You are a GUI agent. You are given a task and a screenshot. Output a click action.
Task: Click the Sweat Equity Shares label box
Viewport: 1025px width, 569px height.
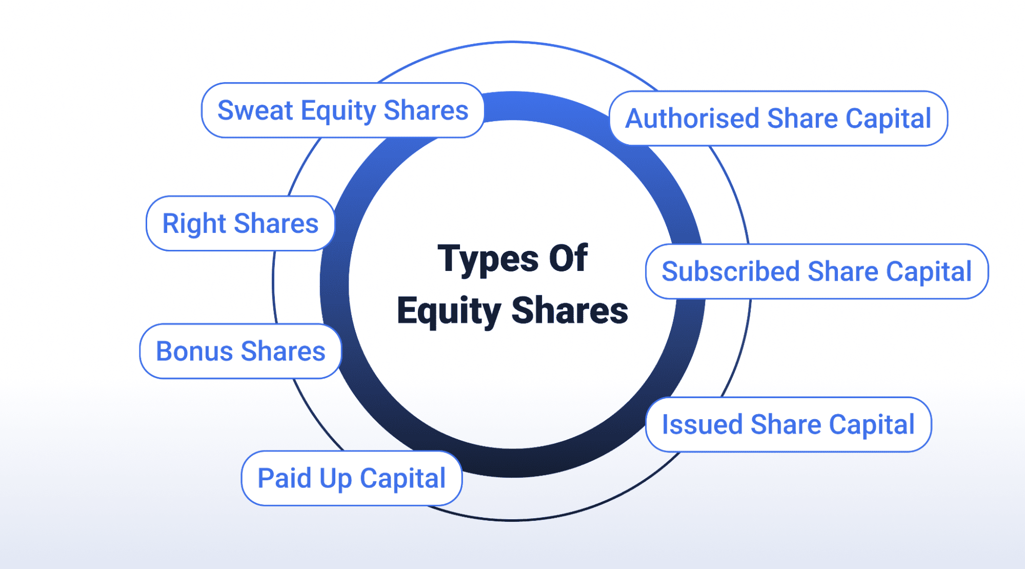(x=343, y=110)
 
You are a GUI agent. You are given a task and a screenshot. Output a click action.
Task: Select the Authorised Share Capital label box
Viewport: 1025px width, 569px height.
(x=778, y=119)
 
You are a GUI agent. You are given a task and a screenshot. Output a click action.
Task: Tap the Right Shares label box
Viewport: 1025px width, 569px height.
(x=240, y=223)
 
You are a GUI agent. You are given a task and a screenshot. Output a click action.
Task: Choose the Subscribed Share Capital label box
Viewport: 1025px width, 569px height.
(x=817, y=271)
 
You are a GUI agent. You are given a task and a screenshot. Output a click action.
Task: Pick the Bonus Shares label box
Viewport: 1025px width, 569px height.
(x=240, y=351)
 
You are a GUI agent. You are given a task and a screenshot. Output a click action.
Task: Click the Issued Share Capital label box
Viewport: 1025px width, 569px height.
(x=789, y=424)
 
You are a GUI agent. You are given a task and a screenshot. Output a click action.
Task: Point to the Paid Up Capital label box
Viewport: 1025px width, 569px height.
(x=352, y=478)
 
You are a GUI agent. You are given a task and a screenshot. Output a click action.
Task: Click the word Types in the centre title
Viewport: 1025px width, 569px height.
(x=488, y=260)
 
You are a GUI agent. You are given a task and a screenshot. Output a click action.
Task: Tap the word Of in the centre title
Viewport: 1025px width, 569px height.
(x=568, y=258)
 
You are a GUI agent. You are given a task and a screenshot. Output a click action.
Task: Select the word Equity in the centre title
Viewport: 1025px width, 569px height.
(x=449, y=311)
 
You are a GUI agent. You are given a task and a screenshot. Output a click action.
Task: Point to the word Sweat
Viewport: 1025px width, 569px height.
(x=255, y=110)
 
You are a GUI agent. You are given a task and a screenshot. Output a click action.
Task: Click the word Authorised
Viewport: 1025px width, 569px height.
(x=692, y=119)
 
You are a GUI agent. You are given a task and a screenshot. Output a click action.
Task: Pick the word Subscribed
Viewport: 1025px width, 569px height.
(x=731, y=271)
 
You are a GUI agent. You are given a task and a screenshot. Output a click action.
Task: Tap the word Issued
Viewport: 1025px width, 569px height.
(x=702, y=424)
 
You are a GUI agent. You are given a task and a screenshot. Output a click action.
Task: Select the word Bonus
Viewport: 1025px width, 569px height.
(x=194, y=351)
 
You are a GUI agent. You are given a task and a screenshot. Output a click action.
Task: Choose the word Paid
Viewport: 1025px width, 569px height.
(x=285, y=478)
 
